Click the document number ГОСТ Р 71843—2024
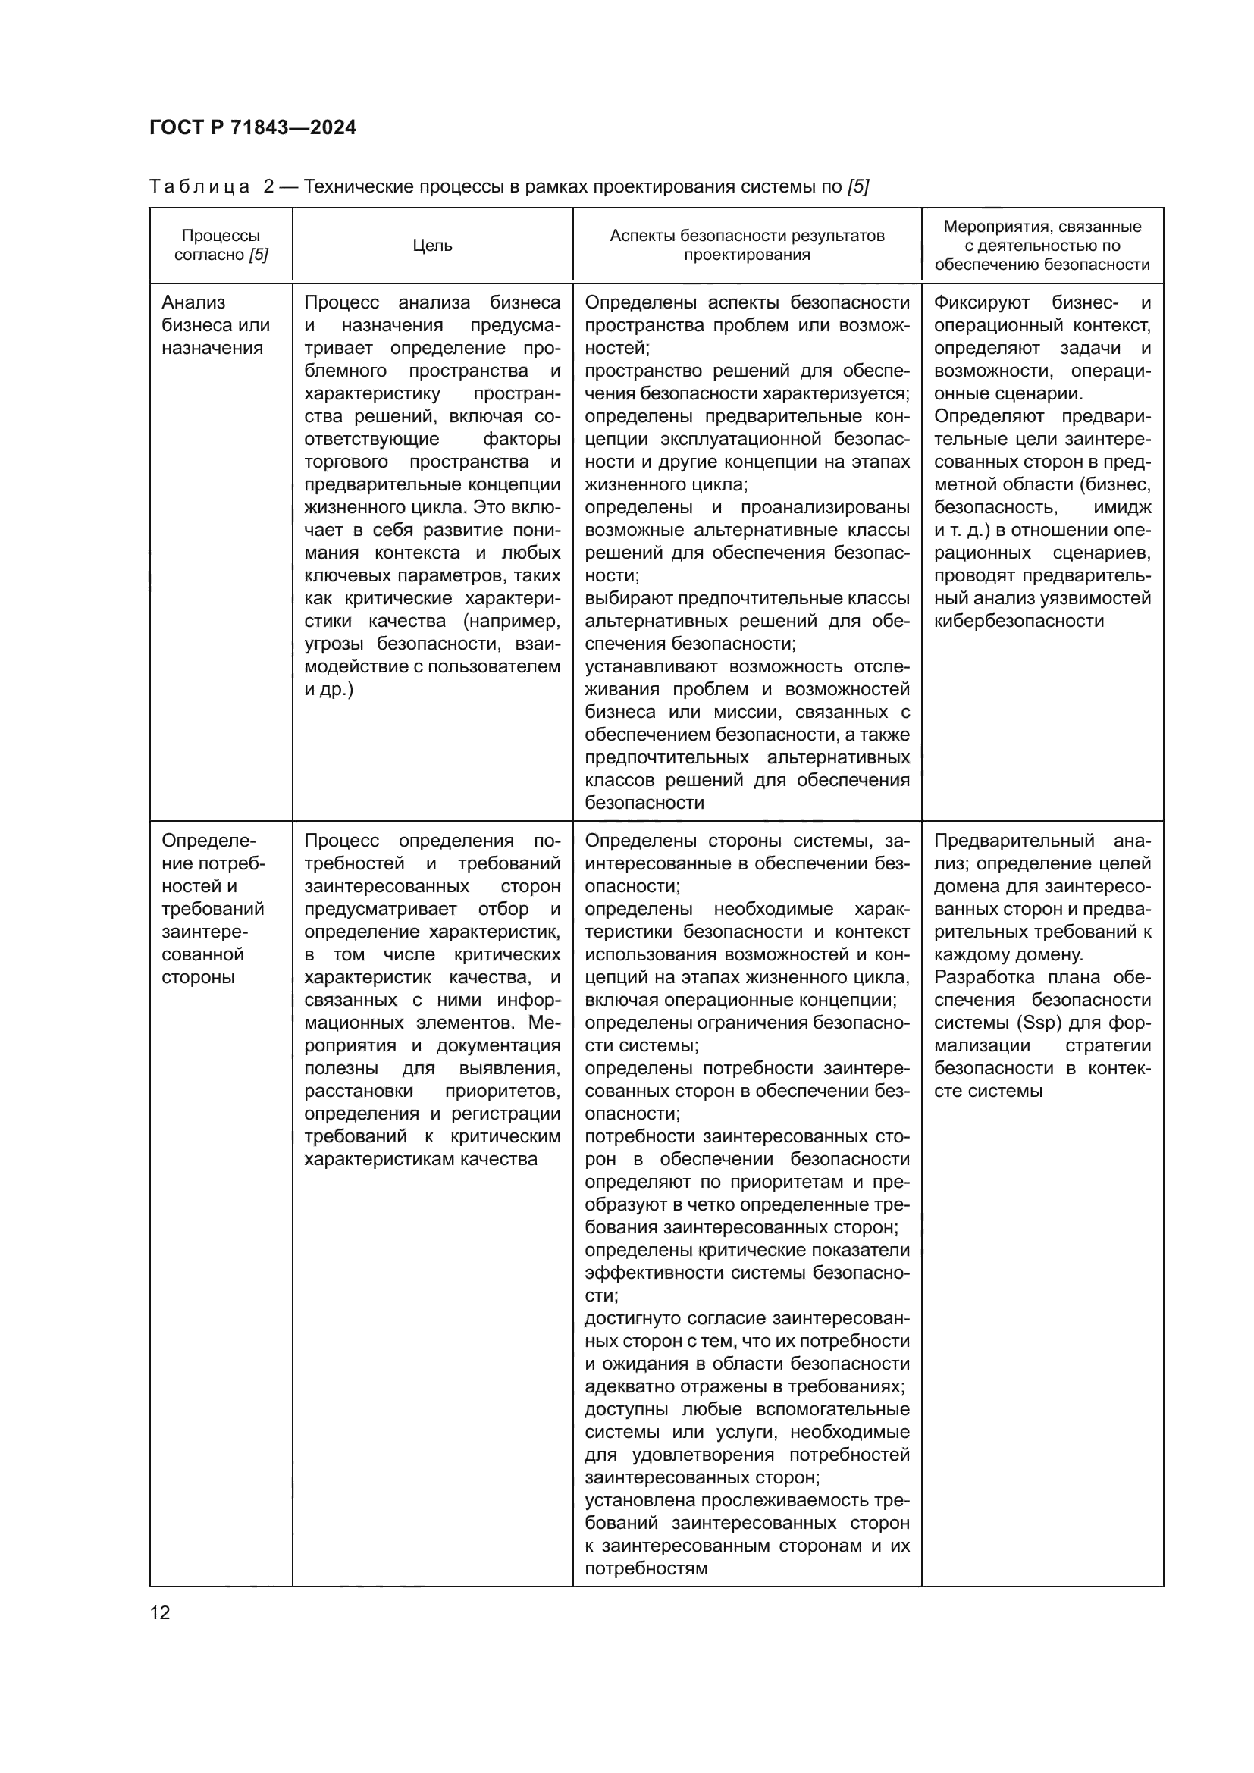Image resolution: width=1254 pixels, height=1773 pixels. coord(252,127)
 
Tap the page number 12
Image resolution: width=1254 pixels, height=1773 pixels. coord(160,1612)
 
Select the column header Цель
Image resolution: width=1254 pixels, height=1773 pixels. coord(431,246)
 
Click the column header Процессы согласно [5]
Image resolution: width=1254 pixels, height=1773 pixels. coord(221,246)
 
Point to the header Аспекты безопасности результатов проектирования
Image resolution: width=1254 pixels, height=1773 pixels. coord(747,246)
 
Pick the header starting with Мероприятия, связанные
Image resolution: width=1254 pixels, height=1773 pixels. coord(1042,246)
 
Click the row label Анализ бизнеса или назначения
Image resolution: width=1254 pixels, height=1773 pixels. coord(215,325)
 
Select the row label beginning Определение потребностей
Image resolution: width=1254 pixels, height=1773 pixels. coord(213,909)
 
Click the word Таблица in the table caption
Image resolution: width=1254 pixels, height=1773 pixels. coord(199,187)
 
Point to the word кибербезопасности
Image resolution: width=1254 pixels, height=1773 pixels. coord(1018,621)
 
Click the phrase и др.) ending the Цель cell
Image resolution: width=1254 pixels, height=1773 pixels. coord(328,690)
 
